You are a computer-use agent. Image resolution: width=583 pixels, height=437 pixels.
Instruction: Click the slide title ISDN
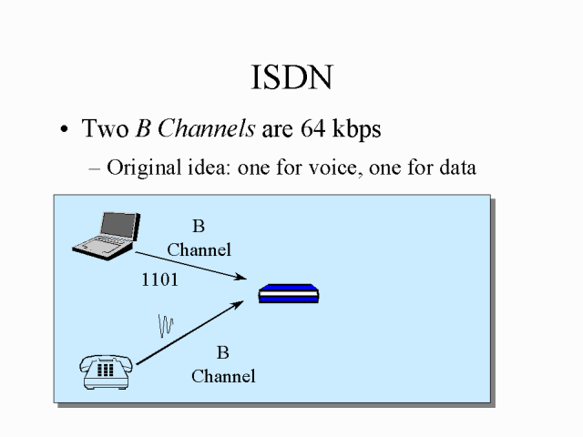click(291, 78)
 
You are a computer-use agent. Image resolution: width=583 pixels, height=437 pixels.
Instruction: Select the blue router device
click(289, 294)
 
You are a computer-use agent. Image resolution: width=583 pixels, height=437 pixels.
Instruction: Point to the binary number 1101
click(159, 279)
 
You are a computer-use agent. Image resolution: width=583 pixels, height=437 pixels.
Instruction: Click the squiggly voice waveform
click(166, 325)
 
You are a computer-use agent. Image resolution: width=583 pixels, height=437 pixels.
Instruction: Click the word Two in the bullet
click(105, 129)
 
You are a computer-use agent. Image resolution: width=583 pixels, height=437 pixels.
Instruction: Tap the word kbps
click(354, 129)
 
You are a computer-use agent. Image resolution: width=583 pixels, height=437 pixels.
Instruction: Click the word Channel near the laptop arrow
click(199, 249)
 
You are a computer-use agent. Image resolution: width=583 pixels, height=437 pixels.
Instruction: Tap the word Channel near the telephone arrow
click(223, 375)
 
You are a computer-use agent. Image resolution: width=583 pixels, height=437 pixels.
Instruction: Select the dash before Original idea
click(96, 168)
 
